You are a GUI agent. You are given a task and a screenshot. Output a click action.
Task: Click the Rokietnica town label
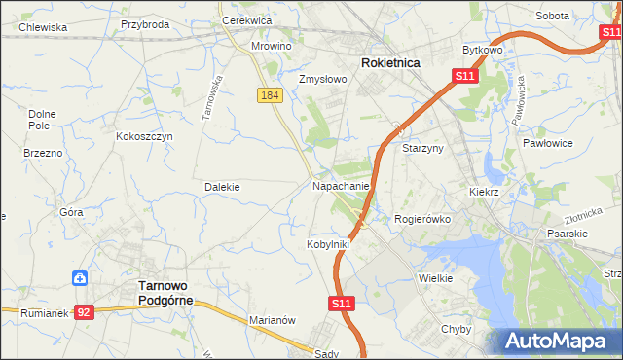tap(390, 62)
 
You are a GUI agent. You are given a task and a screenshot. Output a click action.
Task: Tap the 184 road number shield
tap(271, 95)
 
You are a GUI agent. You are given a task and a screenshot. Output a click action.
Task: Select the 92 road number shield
tap(85, 312)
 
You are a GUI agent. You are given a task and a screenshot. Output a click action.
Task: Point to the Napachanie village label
tap(341, 185)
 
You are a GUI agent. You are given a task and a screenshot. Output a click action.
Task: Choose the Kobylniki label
tap(328, 244)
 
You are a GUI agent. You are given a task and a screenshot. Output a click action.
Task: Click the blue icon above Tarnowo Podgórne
tap(81, 278)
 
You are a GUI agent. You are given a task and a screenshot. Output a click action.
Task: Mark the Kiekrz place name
tap(483, 193)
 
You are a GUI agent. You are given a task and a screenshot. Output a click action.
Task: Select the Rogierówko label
tap(421, 219)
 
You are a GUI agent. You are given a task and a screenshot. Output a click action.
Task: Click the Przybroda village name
tap(144, 24)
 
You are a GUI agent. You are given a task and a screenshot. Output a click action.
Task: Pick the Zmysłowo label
tap(322, 80)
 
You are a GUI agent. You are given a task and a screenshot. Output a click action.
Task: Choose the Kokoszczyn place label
tap(144, 137)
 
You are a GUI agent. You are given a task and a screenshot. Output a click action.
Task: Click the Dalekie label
tap(222, 186)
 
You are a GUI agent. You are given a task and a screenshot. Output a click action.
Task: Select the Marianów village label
tap(272, 320)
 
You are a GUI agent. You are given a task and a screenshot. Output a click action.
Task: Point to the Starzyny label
tap(422, 148)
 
